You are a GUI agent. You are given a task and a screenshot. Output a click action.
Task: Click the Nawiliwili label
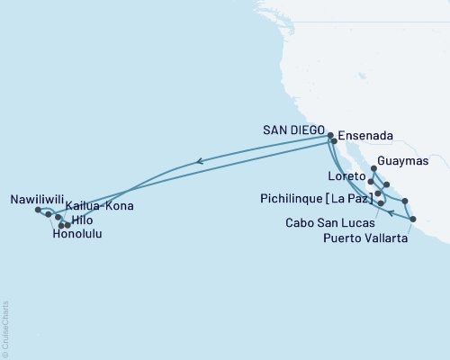point(37,197)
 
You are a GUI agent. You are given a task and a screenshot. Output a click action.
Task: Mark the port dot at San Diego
point(330,134)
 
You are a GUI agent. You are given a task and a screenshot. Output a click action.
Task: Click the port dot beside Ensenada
point(335,141)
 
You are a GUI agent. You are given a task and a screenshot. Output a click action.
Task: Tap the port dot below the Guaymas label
point(373,168)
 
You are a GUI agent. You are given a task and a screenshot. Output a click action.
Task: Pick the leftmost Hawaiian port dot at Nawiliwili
point(37,210)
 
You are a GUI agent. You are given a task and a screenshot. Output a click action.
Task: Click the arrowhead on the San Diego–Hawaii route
point(198,162)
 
